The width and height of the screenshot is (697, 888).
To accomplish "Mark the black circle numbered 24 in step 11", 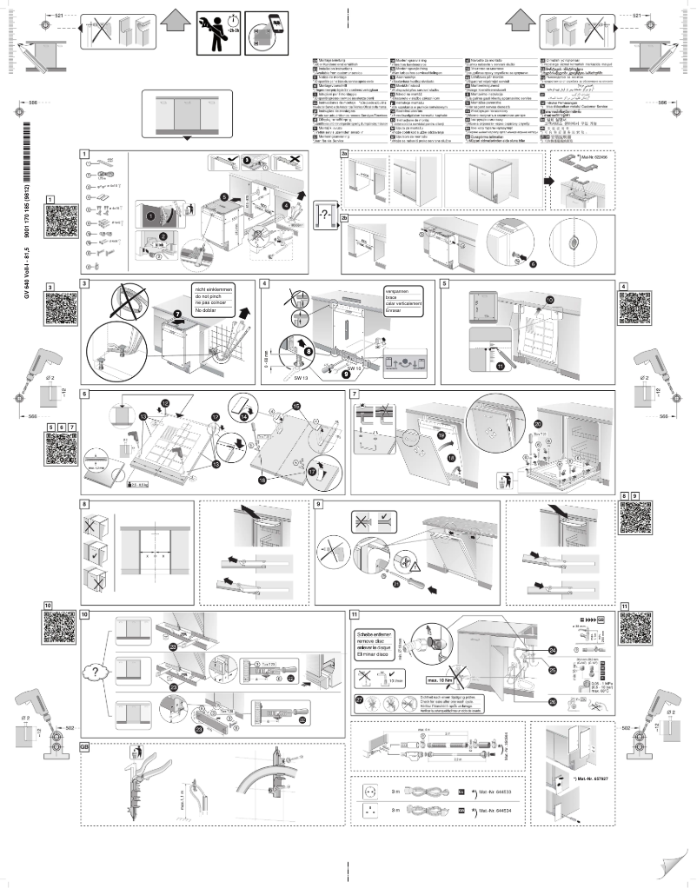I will [552, 651].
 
